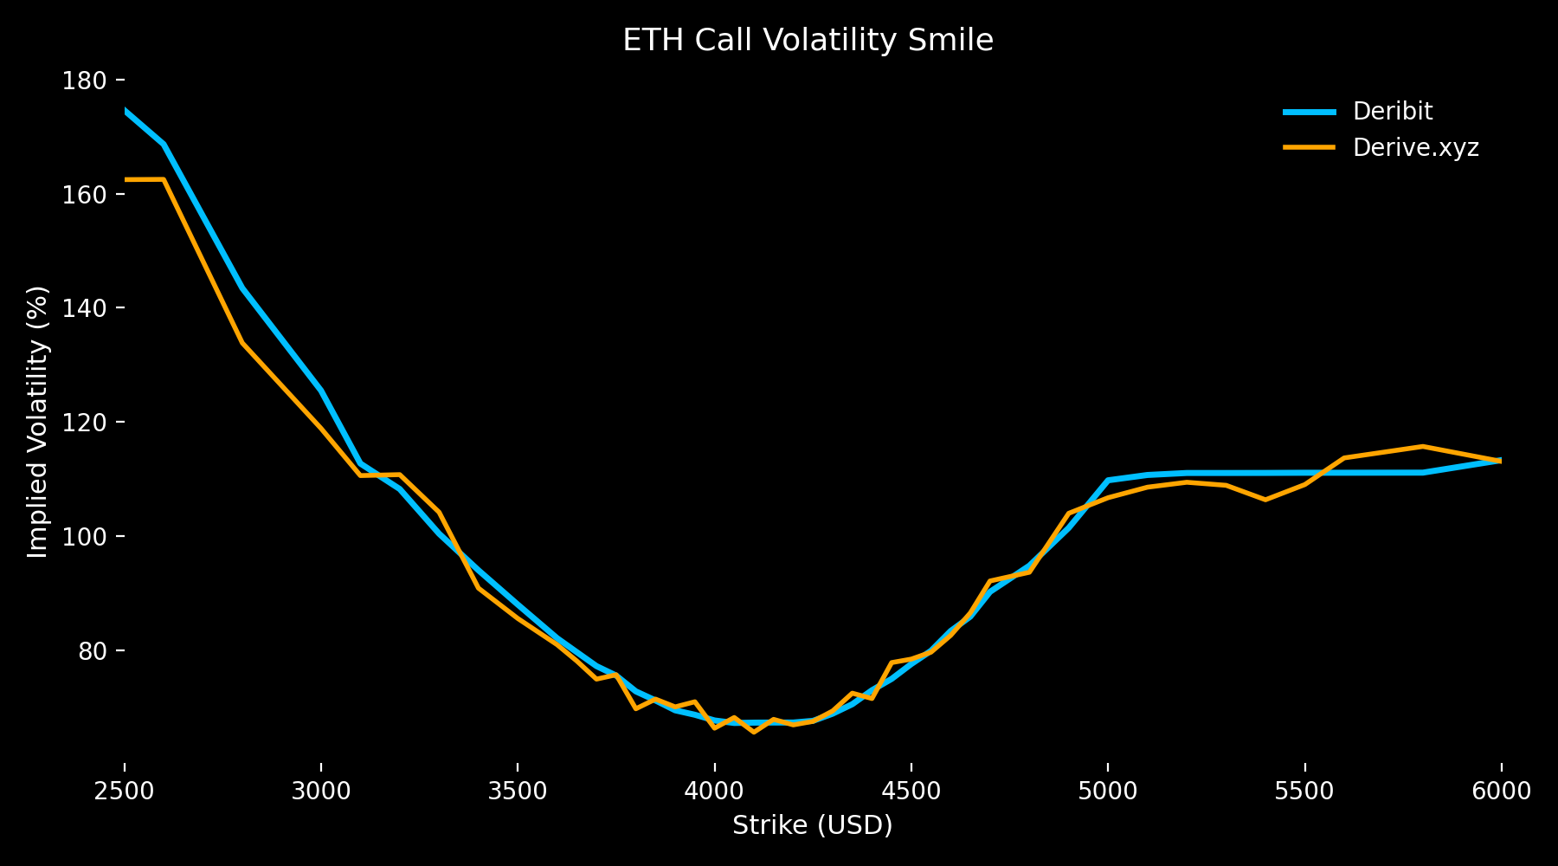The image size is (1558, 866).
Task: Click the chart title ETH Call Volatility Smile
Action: click(808, 41)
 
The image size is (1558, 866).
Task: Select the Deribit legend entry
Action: click(1392, 112)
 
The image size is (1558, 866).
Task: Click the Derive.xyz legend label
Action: click(1415, 148)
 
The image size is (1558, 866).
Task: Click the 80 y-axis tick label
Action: click(89, 650)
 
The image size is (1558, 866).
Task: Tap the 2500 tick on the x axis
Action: click(125, 791)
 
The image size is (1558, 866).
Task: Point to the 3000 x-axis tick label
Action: click(321, 791)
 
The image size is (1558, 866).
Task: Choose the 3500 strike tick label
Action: click(518, 791)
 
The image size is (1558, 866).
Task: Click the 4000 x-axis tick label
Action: click(714, 791)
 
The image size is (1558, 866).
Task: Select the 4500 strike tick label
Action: click(911, 791)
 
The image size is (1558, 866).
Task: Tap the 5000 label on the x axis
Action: click(1107, 791)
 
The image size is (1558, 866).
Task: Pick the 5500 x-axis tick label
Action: click(1304, 791)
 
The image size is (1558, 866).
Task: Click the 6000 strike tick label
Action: click(1501, 791)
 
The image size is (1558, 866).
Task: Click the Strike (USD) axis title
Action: click(812, 825)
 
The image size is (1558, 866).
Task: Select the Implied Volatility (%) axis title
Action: click(37, 422)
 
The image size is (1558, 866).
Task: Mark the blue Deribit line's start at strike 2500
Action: click(126, 111)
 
